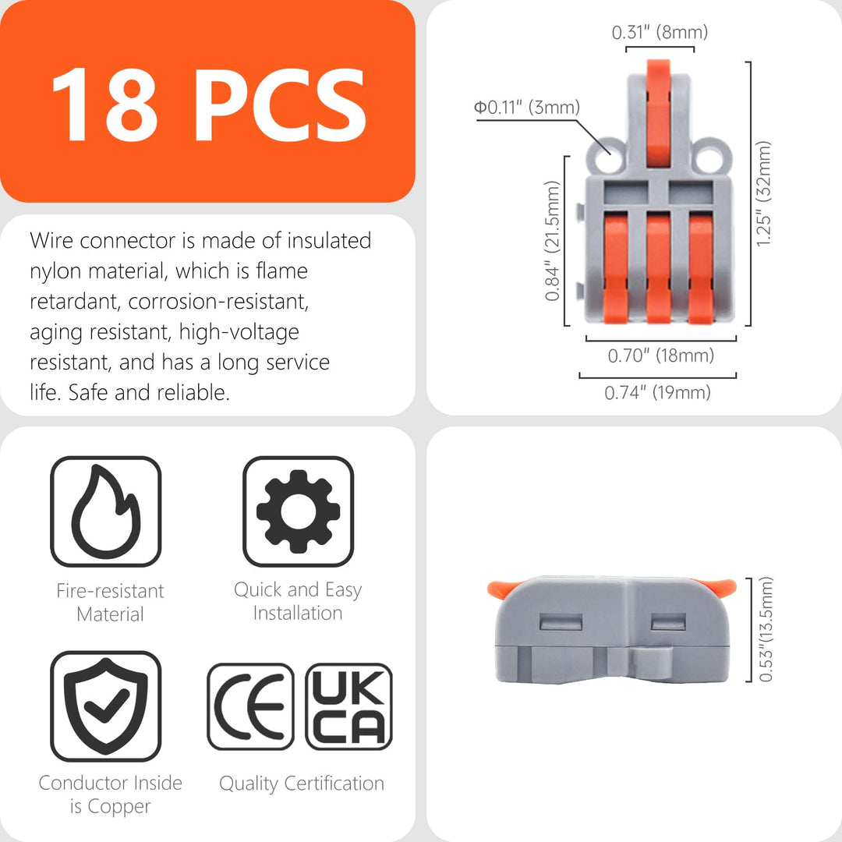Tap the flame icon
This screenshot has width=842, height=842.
[x=106, y=511]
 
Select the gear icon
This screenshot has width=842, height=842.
[x=298, y=511]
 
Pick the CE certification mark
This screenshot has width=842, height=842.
[x=250, y=706]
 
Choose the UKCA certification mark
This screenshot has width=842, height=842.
[x=349, y=706]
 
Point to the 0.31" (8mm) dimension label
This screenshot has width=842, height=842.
[x=660, y=32]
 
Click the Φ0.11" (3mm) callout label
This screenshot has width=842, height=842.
[x=527, y=108]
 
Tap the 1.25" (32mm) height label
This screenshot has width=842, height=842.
[x=763, y=194]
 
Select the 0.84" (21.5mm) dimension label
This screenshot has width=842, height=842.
[x=552, y=241]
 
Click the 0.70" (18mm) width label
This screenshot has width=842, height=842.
[x=661, y=356]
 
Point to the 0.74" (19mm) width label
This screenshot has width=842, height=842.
[x=658, y=392]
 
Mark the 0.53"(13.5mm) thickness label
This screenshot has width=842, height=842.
[x=766, y=629]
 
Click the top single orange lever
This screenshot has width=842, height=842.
[x=658, y=113]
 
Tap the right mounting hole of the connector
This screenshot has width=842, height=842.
[x=709, y=158]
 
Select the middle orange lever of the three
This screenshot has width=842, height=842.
[x=658, y=267]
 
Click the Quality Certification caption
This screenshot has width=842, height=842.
[x=302, y=784]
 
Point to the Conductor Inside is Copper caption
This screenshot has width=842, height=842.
[x=111, y=794]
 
